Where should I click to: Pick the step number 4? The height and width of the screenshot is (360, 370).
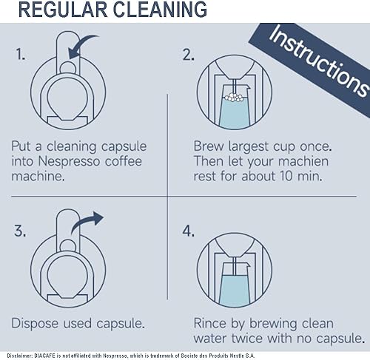(x=188, y=231)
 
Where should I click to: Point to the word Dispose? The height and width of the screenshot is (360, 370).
(x=37, y=323)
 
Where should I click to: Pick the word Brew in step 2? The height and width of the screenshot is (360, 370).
(x=211, y=144)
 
